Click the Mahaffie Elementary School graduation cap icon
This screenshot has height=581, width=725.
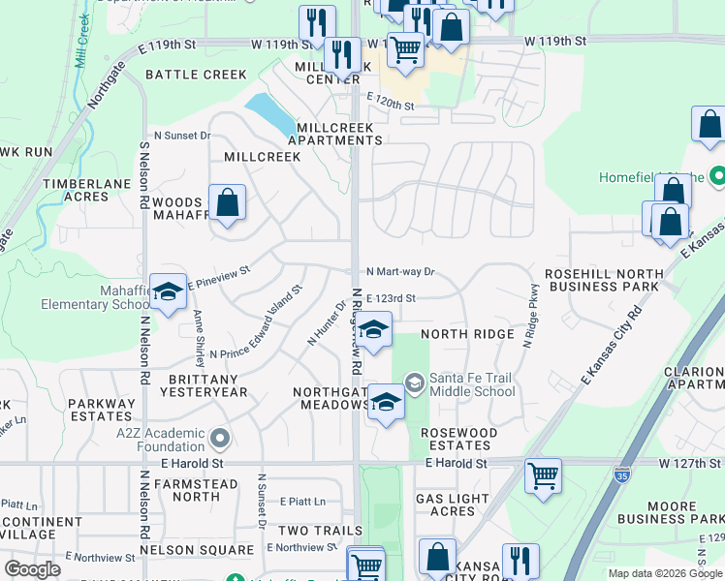click(169, 290)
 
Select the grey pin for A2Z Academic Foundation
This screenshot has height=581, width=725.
click(220, 440)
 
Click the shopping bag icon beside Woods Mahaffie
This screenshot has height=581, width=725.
click(227, 203)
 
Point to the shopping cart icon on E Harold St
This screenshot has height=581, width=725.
click(543, 475)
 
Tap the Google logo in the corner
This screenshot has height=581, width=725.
click(32, 568)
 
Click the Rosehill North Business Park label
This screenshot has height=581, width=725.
click(602, 281)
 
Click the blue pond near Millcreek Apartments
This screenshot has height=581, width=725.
click(270, 115)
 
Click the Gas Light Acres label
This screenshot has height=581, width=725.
click(459, 505)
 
